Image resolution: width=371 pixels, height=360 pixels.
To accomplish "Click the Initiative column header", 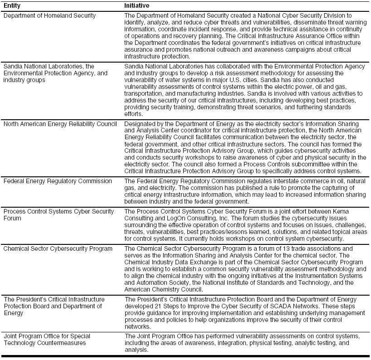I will click(137, 5).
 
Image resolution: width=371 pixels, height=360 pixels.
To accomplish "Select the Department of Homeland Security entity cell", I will click(49, 15).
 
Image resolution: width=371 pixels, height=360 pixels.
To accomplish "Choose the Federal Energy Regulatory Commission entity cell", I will click(58, 181).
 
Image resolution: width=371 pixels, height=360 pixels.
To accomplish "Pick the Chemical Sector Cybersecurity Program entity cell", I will click(58, 248).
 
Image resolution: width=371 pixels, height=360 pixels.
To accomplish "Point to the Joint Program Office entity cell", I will click(47, 339).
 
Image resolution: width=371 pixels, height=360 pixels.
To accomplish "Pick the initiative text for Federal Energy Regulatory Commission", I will click(245, 191).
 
